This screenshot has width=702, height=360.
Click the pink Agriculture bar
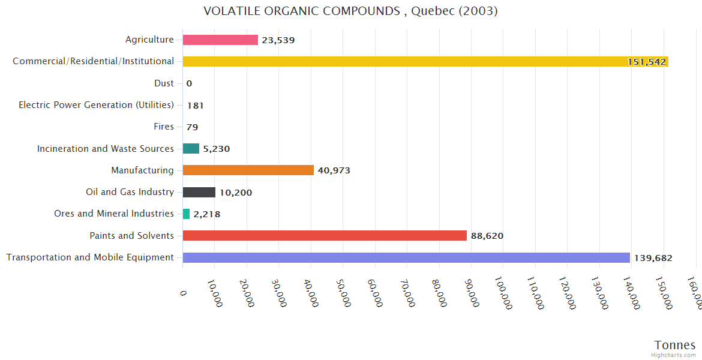click(220, 40)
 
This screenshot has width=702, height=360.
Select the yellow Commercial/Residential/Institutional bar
click(420, 62)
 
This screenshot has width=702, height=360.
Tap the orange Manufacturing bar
click(248, 170)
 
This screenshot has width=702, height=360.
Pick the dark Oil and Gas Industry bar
click(199, 193)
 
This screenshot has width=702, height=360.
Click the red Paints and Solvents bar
click(325, 236)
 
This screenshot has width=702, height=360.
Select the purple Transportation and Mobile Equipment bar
click(406, 258)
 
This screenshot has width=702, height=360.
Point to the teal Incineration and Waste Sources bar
click(191, 149)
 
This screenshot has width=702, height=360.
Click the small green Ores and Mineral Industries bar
click(186, 214)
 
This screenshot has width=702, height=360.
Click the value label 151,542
click(647, 62)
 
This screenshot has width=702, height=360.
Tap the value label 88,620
click(487, 236)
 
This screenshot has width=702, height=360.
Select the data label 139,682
click(653, 258)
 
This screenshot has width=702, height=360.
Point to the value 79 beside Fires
click(192, 127)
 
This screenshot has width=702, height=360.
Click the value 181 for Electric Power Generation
click(196, 106)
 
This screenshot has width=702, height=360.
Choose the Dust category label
click(164, 83)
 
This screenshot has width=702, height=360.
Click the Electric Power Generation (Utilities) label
click(96, 105)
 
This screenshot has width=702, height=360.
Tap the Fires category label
click(164, 127)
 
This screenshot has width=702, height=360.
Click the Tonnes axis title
click(675, 345)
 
